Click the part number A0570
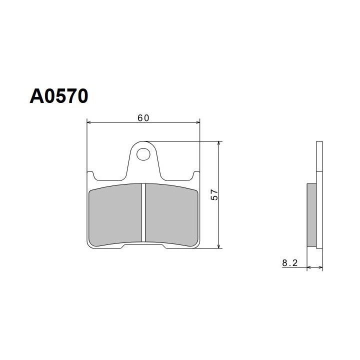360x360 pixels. (x=59, y=96)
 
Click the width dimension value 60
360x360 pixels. (x=143, y=118)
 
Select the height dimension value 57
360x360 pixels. (x=214, y=194)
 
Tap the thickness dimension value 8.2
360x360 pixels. (x=289, y=263)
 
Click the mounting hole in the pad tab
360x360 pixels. (x=143, y=154)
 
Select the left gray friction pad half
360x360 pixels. (x=115, y=214)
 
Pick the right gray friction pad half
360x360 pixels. (x=171, y=214)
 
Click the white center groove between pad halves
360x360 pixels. (x=143, y=212)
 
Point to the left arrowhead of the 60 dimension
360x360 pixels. (x=89, y=122)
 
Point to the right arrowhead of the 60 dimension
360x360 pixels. (x=197, y=122)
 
